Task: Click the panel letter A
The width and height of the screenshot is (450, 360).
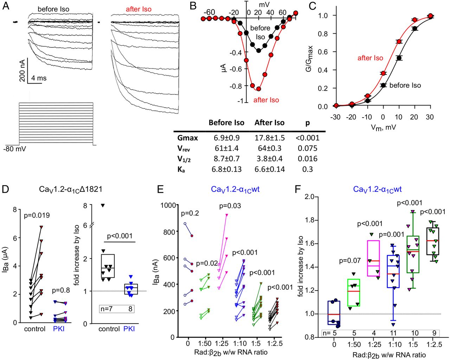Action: pos(6,6)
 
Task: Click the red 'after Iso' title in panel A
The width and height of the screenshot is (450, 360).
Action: pos(139,9)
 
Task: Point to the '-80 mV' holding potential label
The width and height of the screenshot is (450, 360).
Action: pos(15,149)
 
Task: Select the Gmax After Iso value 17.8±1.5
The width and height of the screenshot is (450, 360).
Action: pos(270,138)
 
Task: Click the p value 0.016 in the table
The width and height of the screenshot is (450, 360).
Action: pos(307,159)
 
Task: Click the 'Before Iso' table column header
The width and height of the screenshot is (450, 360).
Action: pos(226,123)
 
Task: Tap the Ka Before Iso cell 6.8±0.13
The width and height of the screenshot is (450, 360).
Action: pos(226,169)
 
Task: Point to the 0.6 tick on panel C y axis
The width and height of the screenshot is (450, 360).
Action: pos(323,52)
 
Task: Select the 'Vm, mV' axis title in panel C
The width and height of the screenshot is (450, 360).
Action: pos(383,127)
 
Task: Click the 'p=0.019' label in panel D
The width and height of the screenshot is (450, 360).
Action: pos(37,215)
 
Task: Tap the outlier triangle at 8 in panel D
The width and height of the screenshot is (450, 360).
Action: pos(103,205)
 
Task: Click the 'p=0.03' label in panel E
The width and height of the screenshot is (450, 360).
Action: pos(230,206)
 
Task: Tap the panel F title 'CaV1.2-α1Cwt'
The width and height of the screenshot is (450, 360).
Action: pos(377,190)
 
